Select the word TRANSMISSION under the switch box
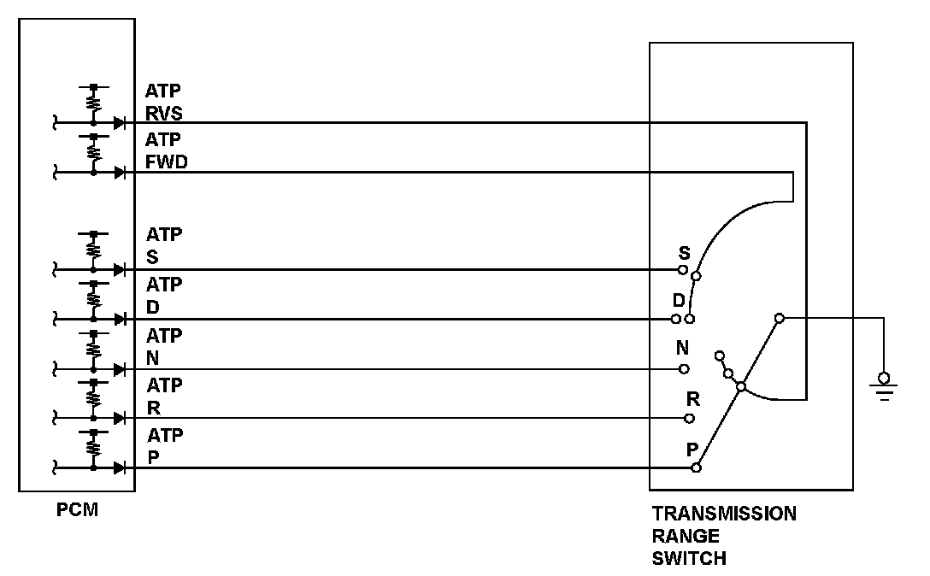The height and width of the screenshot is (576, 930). (x=724, y=514)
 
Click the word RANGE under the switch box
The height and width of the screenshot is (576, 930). (x=686, y=537)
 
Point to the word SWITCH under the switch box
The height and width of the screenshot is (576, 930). (x=689, y=559)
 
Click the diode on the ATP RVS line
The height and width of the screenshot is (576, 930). (x=119, y=123)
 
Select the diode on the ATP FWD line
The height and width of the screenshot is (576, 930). (x=119, y=173)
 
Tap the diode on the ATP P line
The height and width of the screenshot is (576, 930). (x=119, y=467)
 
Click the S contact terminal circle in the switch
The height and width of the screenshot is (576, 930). (x=683, y=270)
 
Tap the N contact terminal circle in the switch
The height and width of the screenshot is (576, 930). (x=684, y=369)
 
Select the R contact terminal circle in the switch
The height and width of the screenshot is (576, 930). (x=689, y=419)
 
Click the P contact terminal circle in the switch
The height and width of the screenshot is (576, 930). (x=697, y=467)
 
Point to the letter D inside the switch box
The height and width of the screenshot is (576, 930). (x=679, y=301)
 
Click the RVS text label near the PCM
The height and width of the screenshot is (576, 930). (x=163, y=115)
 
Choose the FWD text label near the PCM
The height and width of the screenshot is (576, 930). (x=167, y=164)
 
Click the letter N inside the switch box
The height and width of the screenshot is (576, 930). (x=683, y=349)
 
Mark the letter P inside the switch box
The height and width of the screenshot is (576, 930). (x=692, y=449)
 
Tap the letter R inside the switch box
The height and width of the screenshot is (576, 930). (x=693, y=398)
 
